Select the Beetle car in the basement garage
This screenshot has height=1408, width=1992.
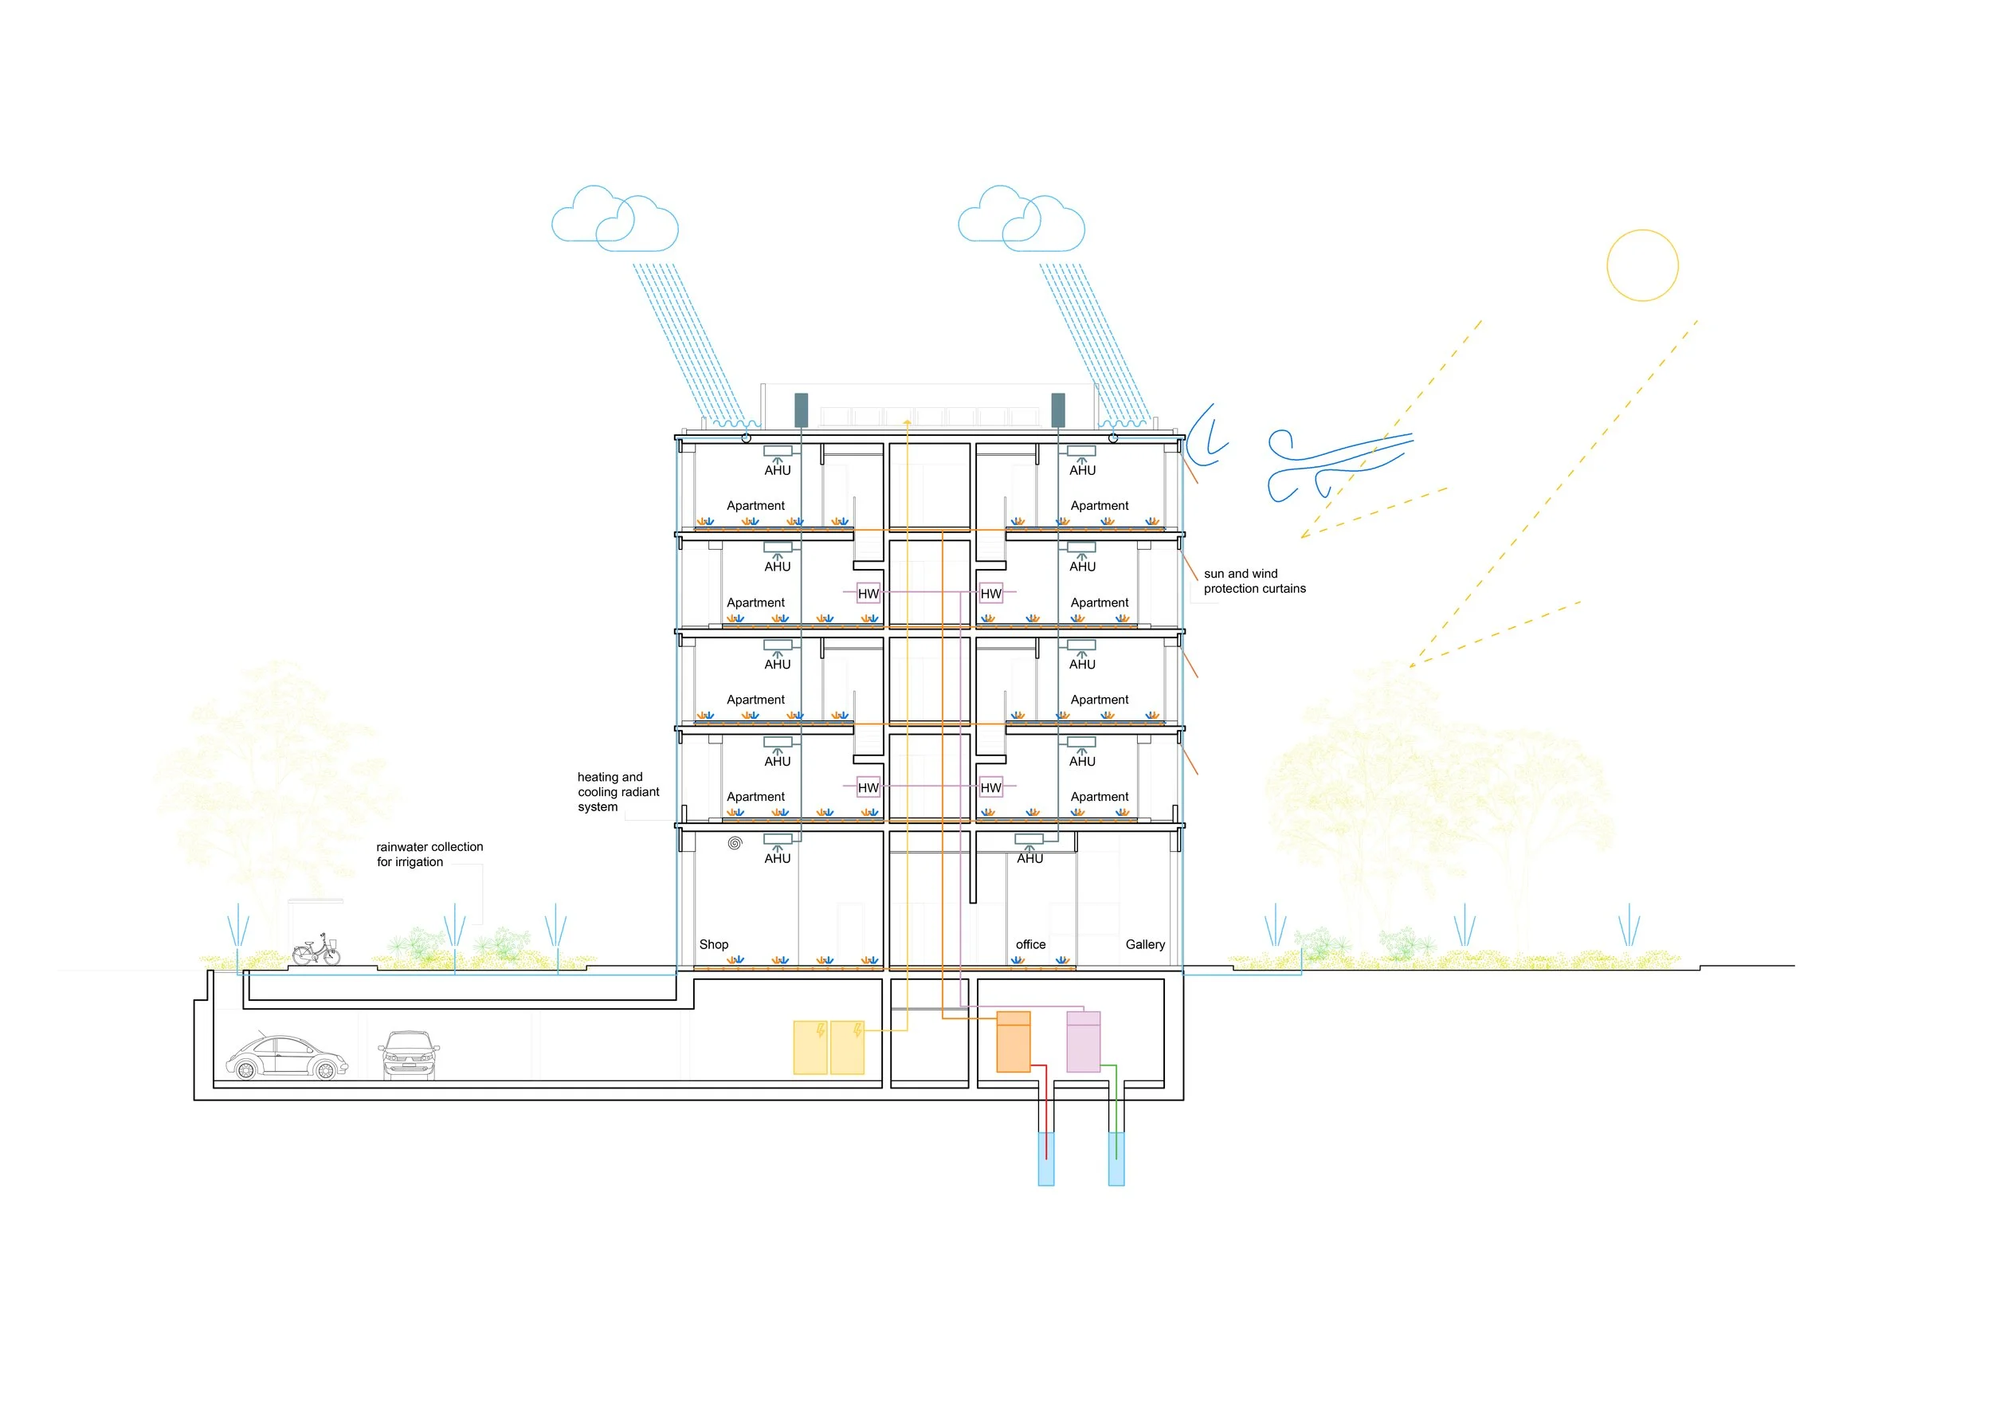286,1057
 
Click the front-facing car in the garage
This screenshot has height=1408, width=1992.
409,1055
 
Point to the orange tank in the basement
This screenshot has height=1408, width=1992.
1014,1041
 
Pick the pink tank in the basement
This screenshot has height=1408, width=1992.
1083,1041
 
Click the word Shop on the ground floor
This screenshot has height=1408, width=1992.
714,945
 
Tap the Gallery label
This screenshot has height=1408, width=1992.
1145,945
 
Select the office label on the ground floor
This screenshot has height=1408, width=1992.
1031,945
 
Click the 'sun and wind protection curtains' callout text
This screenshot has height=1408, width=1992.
1254,581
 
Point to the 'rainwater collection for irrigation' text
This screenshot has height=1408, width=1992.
429,854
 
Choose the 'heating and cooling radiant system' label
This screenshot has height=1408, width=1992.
618,792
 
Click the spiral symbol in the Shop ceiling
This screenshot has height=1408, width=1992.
735,842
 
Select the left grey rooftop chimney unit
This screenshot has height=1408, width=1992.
801,410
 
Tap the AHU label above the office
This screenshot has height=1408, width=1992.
1029,859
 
